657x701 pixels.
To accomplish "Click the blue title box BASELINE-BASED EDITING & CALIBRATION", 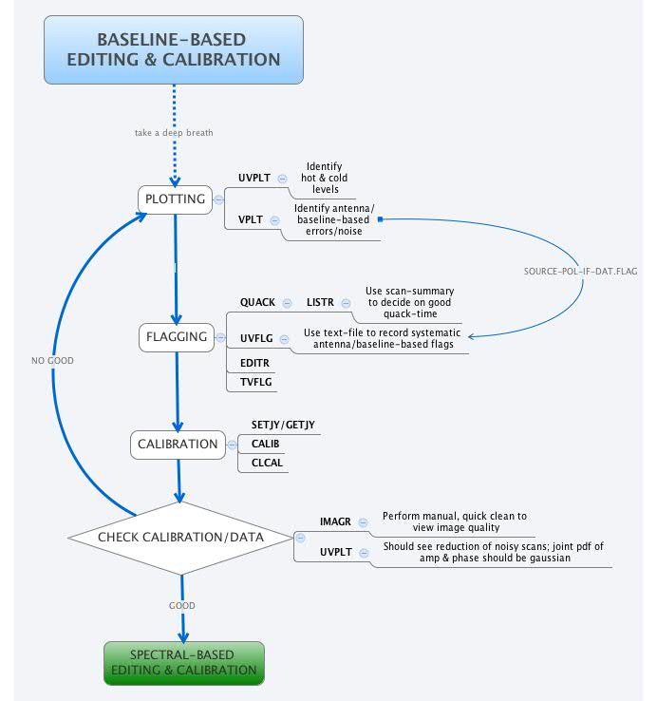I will pos(173,49).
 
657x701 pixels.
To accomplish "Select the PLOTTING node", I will pos(174,199).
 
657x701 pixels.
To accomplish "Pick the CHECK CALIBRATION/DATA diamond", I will pos(179,538).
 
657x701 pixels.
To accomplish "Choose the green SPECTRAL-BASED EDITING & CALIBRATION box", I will pos(183,662).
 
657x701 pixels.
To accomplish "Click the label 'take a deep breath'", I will pos(174,132).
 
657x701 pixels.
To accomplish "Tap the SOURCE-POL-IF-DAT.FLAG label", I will pos(580,271).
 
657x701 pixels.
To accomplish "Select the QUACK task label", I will pos(256,302).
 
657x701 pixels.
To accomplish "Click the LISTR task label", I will pos(321,302).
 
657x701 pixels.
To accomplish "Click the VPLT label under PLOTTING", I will pos(250,219).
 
